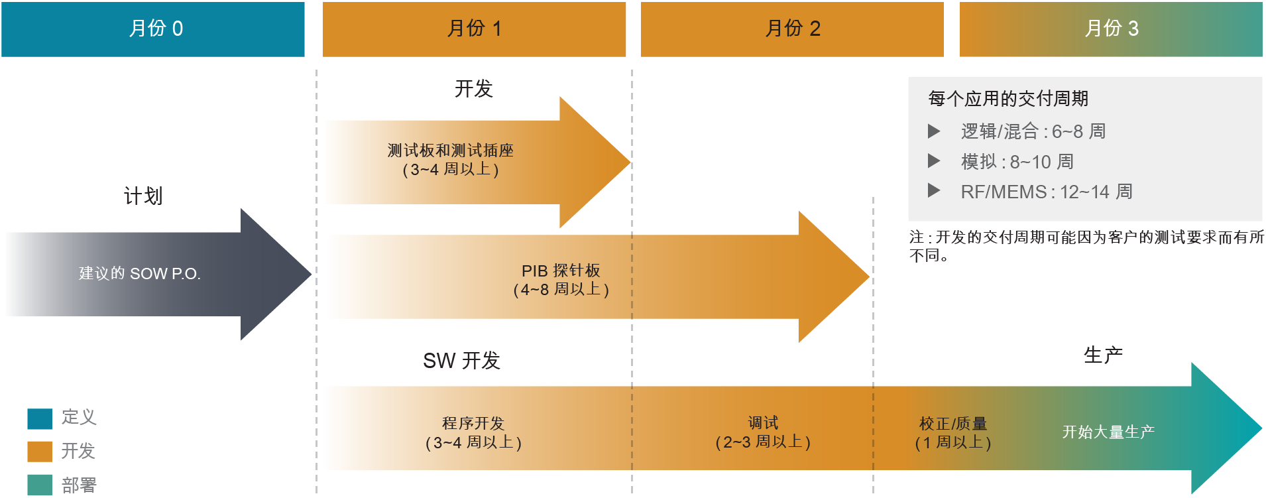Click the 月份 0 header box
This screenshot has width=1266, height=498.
(x=153, y=29)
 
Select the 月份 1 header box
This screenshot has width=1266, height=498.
(x=474, y=29)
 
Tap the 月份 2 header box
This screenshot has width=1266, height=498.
(x=792, y=29)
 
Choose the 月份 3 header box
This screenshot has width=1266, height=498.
(x=1111, y=29)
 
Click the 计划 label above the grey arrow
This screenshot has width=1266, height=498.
(x=143, y=196)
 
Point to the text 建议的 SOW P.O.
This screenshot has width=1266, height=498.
(x=140, y=273)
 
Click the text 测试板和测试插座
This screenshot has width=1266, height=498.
(x=451, y=151)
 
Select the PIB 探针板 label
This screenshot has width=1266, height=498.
(x=561, y=271)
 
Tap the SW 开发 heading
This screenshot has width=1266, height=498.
(x=462, y=360)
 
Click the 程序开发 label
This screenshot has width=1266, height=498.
(x=473, y=423)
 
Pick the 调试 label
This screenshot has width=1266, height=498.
(x=764, y=422)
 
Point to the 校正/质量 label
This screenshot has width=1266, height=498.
(x=953, y=423)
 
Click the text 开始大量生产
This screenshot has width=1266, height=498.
(x=1108, y=432)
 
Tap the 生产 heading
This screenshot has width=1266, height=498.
(x=1104, y=355)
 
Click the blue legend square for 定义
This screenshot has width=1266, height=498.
(x=40, y=419)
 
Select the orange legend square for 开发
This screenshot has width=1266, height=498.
(x=40, y=452)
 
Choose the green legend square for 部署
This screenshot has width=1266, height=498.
(x=40, y=485)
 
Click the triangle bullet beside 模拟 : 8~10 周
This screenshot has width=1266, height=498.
(x=934, y=160)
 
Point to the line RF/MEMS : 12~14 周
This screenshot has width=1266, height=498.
(x=1047, y=192)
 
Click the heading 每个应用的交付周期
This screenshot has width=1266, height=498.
(x=1008, y=99)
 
